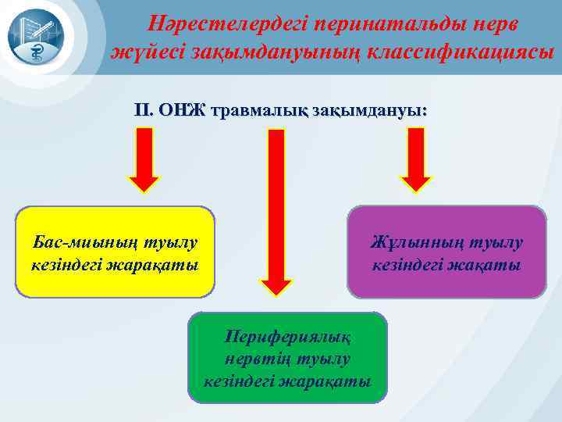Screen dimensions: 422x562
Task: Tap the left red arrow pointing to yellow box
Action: point(144,159)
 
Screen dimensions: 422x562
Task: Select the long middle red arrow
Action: point(276,211)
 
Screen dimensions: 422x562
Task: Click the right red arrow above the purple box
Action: point(415,159)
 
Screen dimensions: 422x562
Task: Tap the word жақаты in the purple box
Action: point(489,265)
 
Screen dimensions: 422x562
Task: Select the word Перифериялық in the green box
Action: point(286,337)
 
